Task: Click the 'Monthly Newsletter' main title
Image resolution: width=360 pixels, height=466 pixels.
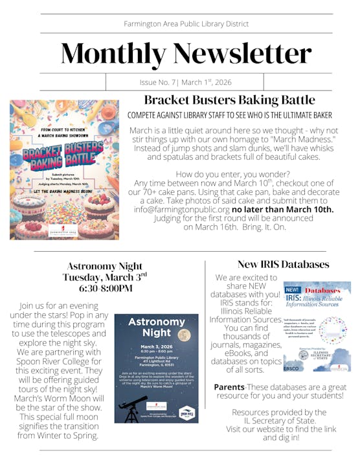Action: coord(186,54)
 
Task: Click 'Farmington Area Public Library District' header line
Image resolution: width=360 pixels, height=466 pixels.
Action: coord(186,24)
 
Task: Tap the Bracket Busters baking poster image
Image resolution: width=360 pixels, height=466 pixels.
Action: coord(65,170)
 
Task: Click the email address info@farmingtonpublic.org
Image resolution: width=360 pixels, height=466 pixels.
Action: coord(182,209)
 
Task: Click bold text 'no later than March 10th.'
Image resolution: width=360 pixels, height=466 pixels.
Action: coord(283,209)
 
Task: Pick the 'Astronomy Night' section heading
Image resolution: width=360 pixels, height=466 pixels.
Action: coord(105,266)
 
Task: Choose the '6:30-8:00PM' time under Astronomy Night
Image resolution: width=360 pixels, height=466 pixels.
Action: coord(105,288)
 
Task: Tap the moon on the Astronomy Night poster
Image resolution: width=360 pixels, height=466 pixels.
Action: coord(185,335)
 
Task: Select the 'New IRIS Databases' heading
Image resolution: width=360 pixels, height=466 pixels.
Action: coord(283,264)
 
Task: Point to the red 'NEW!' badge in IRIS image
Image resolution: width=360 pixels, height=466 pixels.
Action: coord(293,289)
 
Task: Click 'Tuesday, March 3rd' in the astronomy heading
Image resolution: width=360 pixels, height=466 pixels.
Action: coord(105,277)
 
